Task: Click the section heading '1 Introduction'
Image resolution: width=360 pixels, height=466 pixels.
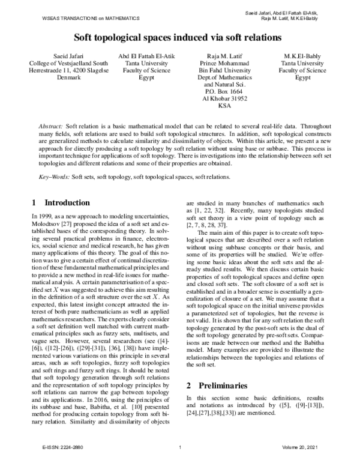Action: (60, 202)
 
